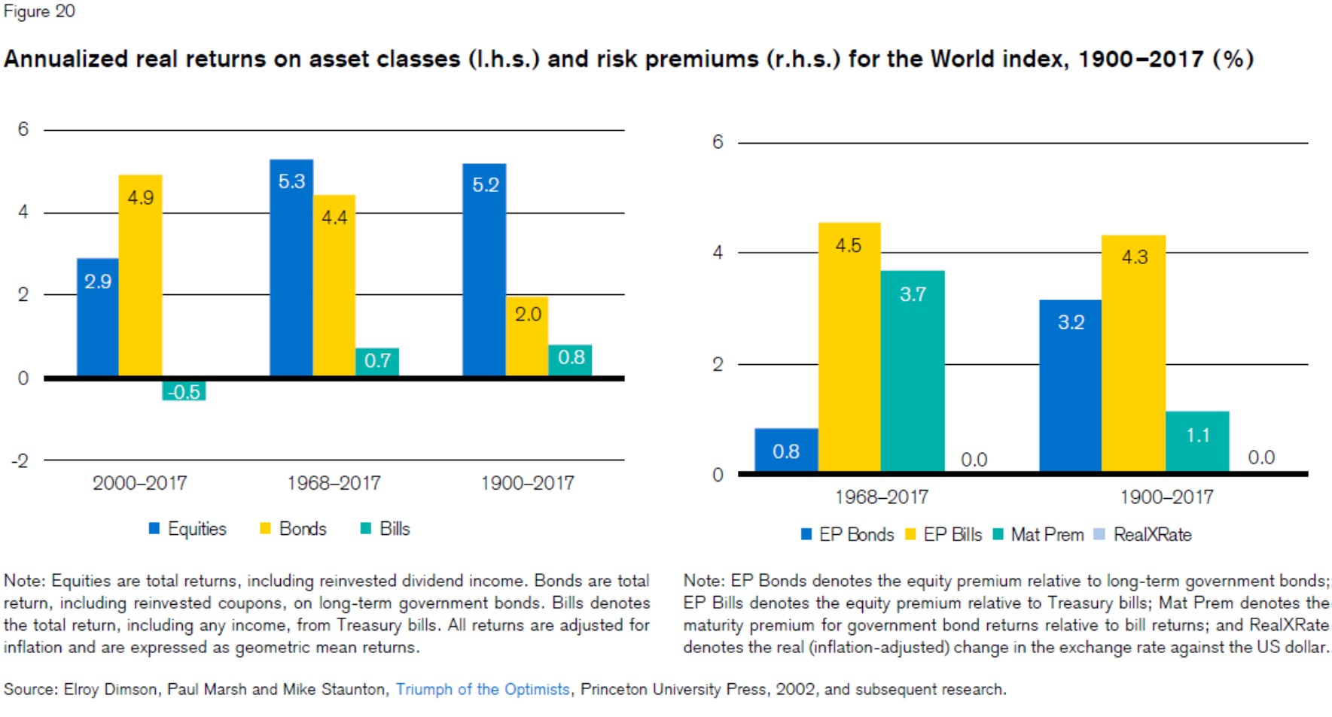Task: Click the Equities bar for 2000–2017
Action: point(98,317)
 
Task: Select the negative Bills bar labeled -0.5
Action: point(184,390)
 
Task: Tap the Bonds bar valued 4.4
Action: point(334,286)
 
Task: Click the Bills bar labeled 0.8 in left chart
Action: point(570,360)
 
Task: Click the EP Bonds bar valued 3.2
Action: point(1070,386)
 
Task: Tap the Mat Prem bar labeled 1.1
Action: point(1197,442)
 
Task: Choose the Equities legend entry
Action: point(188,529)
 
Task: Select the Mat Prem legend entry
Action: point(1038,535)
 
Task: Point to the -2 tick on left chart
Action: point(20,460)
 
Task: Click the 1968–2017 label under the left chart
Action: point(334,483)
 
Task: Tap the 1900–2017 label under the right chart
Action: point(1166,497)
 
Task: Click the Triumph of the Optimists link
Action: point(483,689)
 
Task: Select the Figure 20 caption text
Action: point(39,11)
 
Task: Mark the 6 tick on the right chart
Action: point(718,142)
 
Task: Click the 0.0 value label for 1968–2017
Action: point(974,460)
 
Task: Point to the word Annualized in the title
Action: point(66,59)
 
